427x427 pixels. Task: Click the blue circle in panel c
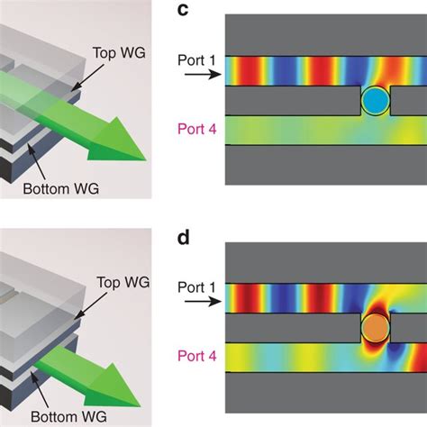(x=375, y=101)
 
